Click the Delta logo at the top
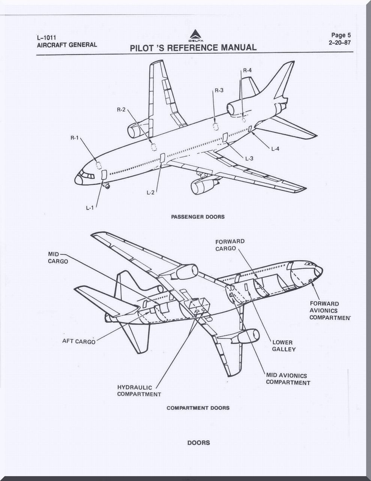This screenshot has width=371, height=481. (194, 35)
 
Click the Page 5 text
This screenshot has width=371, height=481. (341, 35)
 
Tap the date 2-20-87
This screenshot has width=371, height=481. (339, 42)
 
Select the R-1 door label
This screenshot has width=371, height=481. (74, 138)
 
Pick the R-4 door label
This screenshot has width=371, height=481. (247, 70)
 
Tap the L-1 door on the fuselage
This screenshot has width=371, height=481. (104, 175)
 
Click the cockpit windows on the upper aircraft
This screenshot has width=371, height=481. (87, 175)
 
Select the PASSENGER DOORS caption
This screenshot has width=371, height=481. (198, 217)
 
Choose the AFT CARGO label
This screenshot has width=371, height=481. (79, 342)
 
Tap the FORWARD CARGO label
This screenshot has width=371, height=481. (230, 245)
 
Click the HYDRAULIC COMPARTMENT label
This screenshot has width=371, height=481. (139, 391)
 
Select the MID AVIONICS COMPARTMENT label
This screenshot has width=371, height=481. (288, 379)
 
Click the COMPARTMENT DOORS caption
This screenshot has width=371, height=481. (198, 408)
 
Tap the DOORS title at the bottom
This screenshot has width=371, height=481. (198, 443)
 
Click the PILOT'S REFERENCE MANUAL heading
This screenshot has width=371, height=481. (193, 48)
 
